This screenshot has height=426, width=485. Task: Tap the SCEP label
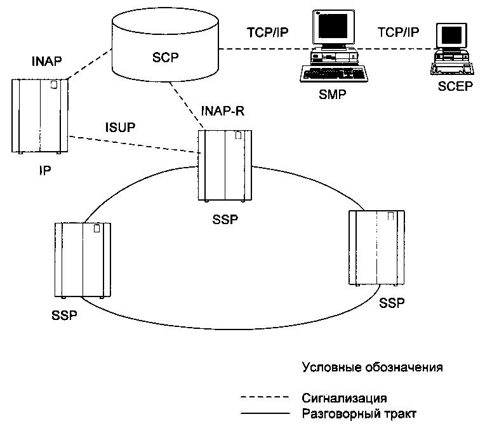(x=455, y=86)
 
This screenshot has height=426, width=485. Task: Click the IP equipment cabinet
(x=39, y=116)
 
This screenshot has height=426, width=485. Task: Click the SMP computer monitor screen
(x=332, y=29)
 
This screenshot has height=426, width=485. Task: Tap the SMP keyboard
(x=336, y=74)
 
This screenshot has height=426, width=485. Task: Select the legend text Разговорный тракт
(x=359, y=413)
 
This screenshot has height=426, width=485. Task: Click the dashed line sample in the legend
(x=265, y=399)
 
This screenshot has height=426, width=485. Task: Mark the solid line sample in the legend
(x=265, y=414)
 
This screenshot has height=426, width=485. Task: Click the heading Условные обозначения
(x=371, y=368)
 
